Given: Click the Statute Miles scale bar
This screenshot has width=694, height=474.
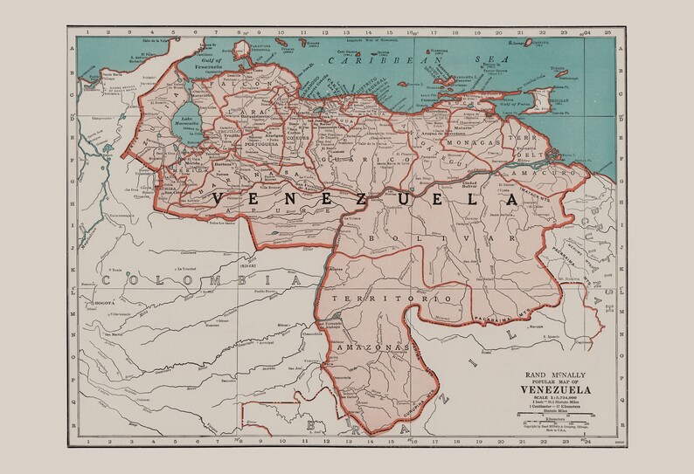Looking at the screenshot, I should [x=560, y=416].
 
